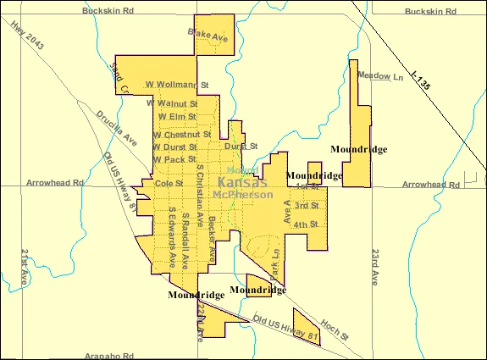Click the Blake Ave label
click(208, 36)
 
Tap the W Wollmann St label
click(177, 85)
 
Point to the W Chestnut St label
click(181, 134)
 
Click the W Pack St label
click(174, 158)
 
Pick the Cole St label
click(169, 183)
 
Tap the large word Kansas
click(242, 182)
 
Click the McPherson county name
click(243, 194)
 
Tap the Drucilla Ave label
click(116, 127)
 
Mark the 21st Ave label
click(26, 266)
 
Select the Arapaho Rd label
click(109, 356)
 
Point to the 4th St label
click(305, 224)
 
